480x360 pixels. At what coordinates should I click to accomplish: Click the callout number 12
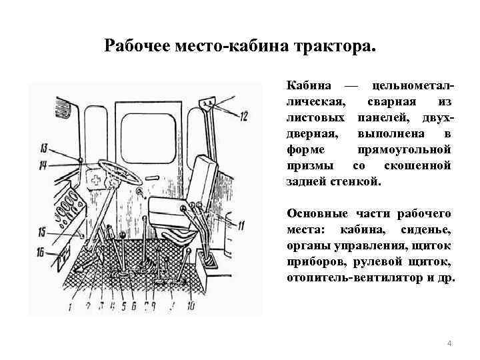click(243, 117)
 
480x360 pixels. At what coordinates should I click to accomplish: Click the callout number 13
click(43, 147)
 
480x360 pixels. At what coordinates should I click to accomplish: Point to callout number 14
click(43, 164)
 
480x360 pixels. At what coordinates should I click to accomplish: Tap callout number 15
click(42, 232)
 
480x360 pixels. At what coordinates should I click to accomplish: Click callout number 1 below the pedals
click(69, 307)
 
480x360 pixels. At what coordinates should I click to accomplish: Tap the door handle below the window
click(152, 178)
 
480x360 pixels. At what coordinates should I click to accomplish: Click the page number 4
click(449, 343)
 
